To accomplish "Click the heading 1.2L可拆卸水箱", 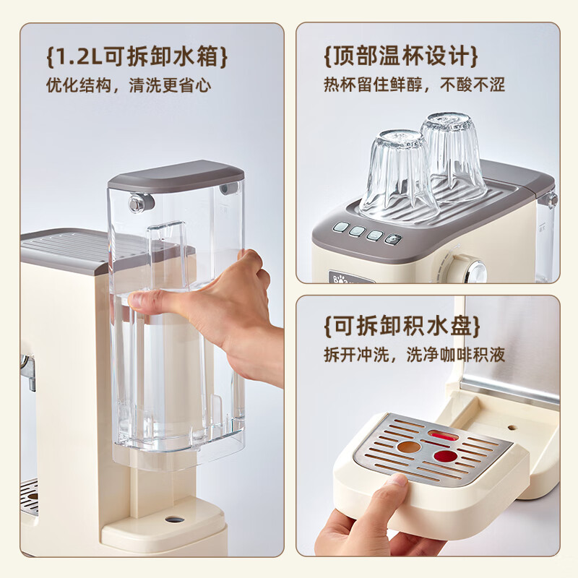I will pos(137,56).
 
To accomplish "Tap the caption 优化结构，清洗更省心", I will pos(129,85).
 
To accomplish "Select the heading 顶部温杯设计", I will pos(401,56).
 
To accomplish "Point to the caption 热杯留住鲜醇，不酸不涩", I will pos(414,85).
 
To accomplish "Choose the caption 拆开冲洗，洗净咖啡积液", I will pos(414,355).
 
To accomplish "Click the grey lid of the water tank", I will pos(176,178).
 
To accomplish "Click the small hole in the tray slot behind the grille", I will pos(511,427).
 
